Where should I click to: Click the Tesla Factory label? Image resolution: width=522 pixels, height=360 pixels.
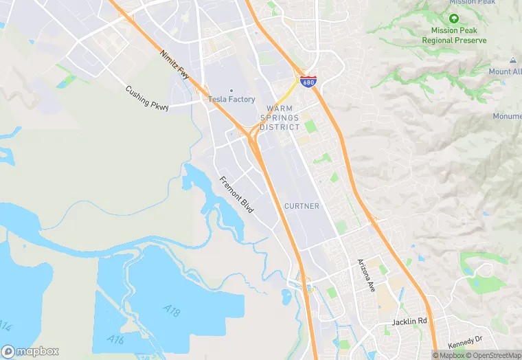point(232,100)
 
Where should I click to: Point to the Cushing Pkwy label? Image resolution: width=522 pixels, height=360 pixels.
point(146,98)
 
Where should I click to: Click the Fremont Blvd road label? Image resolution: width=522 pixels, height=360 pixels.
point(236,194)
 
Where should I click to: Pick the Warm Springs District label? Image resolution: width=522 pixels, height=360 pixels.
point(280,117)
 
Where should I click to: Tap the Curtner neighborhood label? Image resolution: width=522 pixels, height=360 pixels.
point(302,206)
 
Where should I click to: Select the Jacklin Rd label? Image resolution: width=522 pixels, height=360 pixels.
point(409,322)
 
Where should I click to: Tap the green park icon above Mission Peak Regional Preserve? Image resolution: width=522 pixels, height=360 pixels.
point(453,19)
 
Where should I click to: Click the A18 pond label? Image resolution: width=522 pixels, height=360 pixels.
point(172,313)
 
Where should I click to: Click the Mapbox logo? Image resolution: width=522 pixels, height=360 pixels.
point(31,350)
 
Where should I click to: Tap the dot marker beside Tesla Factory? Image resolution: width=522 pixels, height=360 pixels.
point(231,91)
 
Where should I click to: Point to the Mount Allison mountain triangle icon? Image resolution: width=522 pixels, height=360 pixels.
point(513,60)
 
